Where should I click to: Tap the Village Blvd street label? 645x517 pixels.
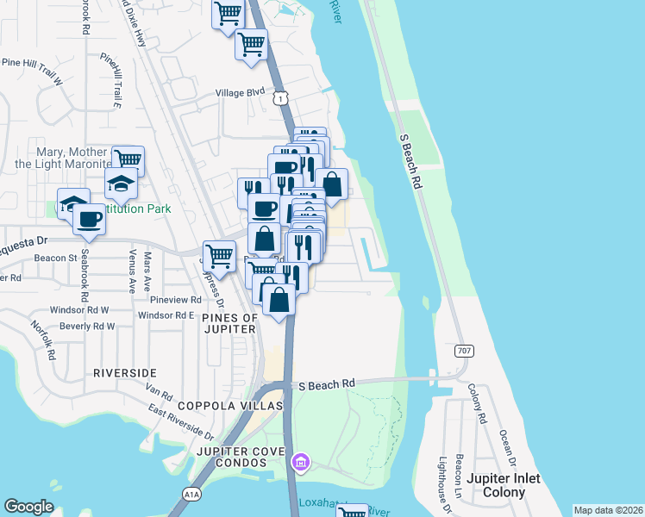click(x=240, y=92)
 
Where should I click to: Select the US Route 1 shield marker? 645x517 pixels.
click(x=281, y=100)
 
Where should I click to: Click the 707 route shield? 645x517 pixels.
click(x=466, y=351)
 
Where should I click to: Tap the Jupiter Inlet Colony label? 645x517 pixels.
click(x=507, y=485)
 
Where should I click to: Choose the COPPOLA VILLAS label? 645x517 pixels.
click(x=230, y=405)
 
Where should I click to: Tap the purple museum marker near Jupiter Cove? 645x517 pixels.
click(x=299, y=464)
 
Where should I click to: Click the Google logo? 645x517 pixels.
click(x=28, y=507)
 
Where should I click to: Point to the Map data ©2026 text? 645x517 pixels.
click(x=608, y=510)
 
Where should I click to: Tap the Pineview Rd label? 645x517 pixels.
click(x=175, y=300)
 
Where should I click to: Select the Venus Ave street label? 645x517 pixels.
click(x=132, y=271)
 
